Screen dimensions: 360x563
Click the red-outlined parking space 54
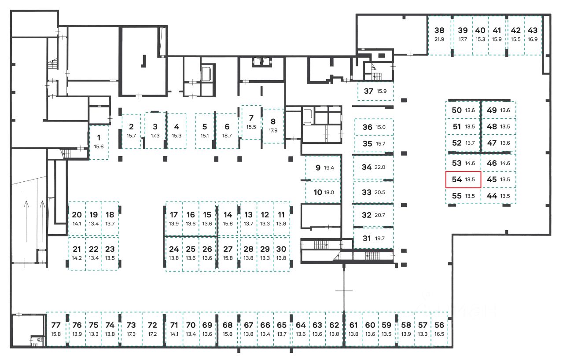pyautogui.click(x=463, y=180)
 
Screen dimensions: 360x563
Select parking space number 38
pyautogui.click(x=439, y=35)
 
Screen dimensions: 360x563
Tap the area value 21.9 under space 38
pyautogui.click(x=439, y=39)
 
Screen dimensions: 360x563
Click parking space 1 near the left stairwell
pyautogui.click(x=99, y=142)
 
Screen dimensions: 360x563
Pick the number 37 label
pyautogui.click(x=368, y=92)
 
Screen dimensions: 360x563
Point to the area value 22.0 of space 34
pyautogui.click(x=380, y=167)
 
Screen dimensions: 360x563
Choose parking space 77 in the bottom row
pyautogui.click(x=56, y=329)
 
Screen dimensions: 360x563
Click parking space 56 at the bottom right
pyautogui.click(x=439, y=329)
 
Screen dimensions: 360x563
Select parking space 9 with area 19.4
pyautogui.click(x=323, y=168)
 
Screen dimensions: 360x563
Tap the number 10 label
pyautogui.click(x=318, y=192)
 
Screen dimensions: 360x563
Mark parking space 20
pyautogui.click(x=77, y=219)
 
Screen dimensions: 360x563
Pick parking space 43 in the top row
pyautogui.click(x=533, y=35)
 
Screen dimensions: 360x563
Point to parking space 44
pyautogui.click(x=498, y=196)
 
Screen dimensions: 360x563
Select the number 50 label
pyautogui.click(x=456, y=110)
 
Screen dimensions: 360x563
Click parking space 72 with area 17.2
pyautogui.click(x=152, y=329)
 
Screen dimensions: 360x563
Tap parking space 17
pyautogui.click(x=174, y=219)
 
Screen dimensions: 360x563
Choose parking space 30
pyautogui.click(x=281, y=253)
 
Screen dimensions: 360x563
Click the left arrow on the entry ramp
pyautogui.click(x=26, y=220)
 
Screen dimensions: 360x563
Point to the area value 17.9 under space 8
pyautogui.click(x=273, y=130)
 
